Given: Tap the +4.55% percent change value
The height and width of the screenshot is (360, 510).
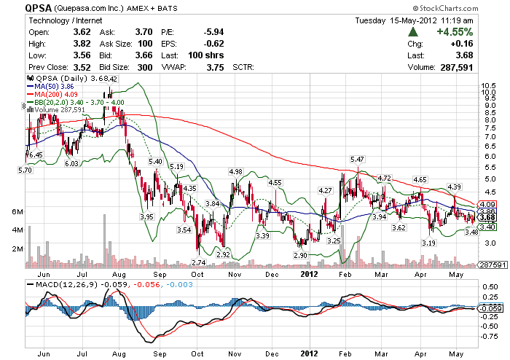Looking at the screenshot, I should point(455,32).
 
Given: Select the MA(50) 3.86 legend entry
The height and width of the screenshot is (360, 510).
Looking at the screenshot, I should point(57,85).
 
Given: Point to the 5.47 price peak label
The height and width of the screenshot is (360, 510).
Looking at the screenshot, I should point(357,159).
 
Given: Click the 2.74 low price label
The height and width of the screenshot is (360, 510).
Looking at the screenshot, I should point(197,262).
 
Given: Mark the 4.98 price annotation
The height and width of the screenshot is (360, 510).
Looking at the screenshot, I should point(235,171).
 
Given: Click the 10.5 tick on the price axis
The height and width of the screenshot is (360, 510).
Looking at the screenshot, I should point(487,84).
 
